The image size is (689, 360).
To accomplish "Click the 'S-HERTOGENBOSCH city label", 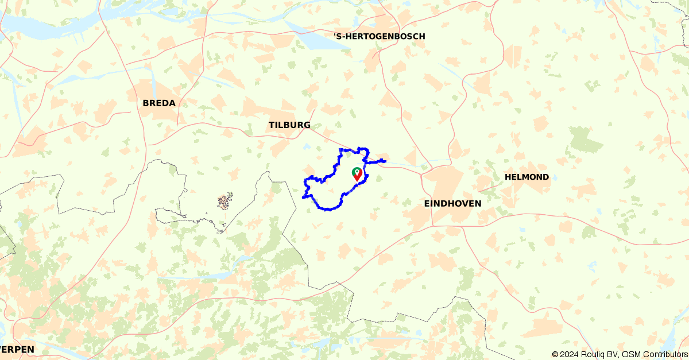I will tap(380, 36).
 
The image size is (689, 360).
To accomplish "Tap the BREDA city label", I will tap(159, 103).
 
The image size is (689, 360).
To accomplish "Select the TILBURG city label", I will tap(289, 125).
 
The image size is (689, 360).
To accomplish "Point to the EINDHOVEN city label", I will tap(452, 203).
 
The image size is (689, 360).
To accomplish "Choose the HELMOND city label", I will tap(527, 177).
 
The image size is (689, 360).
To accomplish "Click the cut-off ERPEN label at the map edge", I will tap(17, 349).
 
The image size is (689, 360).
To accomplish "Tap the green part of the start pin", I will tap(356, 171).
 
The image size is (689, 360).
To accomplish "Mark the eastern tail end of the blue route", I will tap(384, 161).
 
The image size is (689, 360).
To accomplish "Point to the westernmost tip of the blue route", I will tap(303, 197).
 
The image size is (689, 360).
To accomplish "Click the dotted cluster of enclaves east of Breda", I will tap(224, 201).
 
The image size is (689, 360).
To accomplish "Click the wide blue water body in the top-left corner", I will tap(34, 26).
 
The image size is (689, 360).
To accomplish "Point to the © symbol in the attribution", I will tap(555, 354).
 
